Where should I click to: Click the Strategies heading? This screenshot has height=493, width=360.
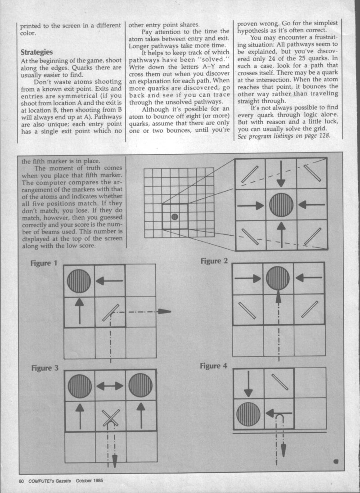[37, 52]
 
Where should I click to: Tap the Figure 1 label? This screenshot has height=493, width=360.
[44, 263]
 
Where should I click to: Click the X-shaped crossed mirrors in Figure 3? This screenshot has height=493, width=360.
[110, 417]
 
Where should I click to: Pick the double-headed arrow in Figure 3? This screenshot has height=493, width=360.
[110, 385]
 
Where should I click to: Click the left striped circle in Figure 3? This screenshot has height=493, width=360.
[80, 385]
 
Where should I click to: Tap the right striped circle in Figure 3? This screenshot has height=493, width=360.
[140, 385]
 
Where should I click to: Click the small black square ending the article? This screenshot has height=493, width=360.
[336, 461]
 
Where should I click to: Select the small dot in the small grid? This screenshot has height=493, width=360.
[175, 217]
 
